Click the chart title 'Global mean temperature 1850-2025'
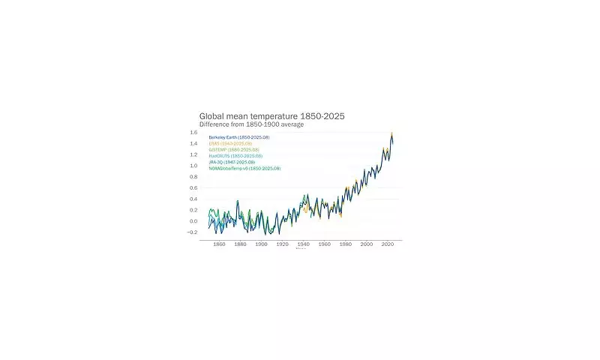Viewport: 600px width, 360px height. (x=271, y=116)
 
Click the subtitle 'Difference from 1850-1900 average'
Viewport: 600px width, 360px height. (x=251, y=124)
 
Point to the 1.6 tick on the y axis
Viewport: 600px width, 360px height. (x=193, y=133)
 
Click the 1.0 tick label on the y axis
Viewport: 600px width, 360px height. (x=193, y=166)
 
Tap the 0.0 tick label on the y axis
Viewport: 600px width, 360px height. (x=193, y=221)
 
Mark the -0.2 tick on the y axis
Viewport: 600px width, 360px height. (x=193, y=232)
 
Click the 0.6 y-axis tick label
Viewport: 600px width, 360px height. (x=193, y=188)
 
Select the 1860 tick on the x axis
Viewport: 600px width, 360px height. (x=220, y=244)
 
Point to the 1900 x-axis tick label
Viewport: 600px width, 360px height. (x=262, y=244)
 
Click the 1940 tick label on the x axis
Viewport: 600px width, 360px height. (x=304, y=244)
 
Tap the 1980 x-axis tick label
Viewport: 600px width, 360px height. (x=346, y=244)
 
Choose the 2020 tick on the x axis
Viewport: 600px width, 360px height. (x=388, y=244)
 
